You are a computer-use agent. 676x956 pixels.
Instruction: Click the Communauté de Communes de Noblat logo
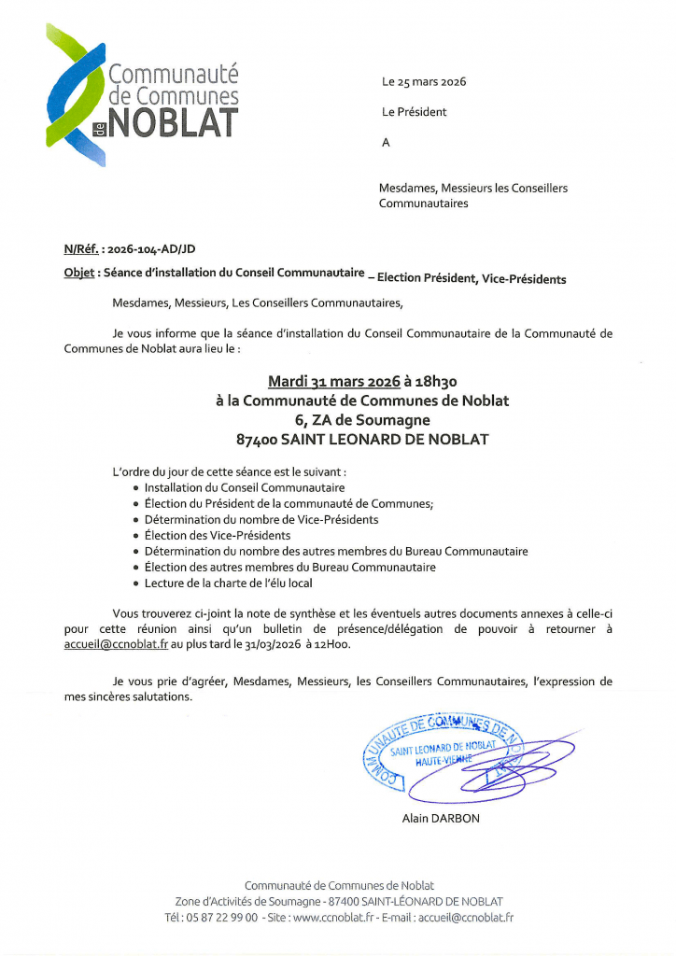[143, 96]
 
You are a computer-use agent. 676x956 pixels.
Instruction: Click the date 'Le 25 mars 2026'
[424, 82]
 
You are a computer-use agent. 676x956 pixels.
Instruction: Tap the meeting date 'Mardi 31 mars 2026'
[333, 382]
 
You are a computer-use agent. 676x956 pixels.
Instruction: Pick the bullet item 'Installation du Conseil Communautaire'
[245, 487]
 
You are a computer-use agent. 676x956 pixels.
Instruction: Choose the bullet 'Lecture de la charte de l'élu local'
[228, 583]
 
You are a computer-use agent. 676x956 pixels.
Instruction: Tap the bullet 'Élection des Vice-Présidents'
[218, 535]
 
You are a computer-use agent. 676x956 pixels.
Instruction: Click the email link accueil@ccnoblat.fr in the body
[116, 644]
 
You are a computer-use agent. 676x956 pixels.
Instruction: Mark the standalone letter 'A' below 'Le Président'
[386, 142]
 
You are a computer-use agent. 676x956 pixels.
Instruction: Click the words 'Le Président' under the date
[414, 112]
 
